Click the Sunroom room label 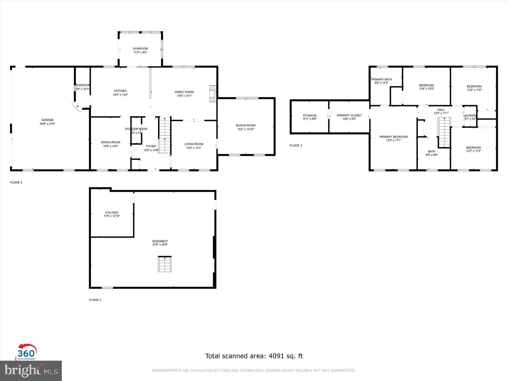[140, 49]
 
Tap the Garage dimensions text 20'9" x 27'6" [47, 124]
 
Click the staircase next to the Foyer [165, 135]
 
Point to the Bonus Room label [246, 125]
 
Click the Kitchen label [120, 91]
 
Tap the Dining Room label [110, 142]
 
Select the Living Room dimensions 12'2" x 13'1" [194, 148]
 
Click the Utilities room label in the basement [111, 213]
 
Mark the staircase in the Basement [165, 264]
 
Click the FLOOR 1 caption [95, 300]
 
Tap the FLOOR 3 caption [296, 145]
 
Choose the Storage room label [310, 115]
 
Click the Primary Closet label [349, 115]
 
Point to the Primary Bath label [381, 79]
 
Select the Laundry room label [470, 115]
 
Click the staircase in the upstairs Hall [444, 132]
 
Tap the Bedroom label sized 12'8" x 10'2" [426, 85]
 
